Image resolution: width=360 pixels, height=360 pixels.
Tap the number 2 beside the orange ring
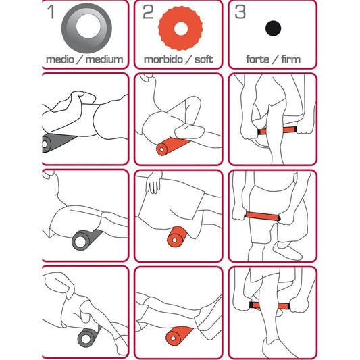[147, 11]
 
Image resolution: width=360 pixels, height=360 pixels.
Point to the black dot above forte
[273, 28]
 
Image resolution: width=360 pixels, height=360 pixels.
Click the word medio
[61, 59]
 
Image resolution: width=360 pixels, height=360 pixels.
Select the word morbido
[162, 59]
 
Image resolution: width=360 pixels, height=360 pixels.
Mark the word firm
[289, 59]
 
